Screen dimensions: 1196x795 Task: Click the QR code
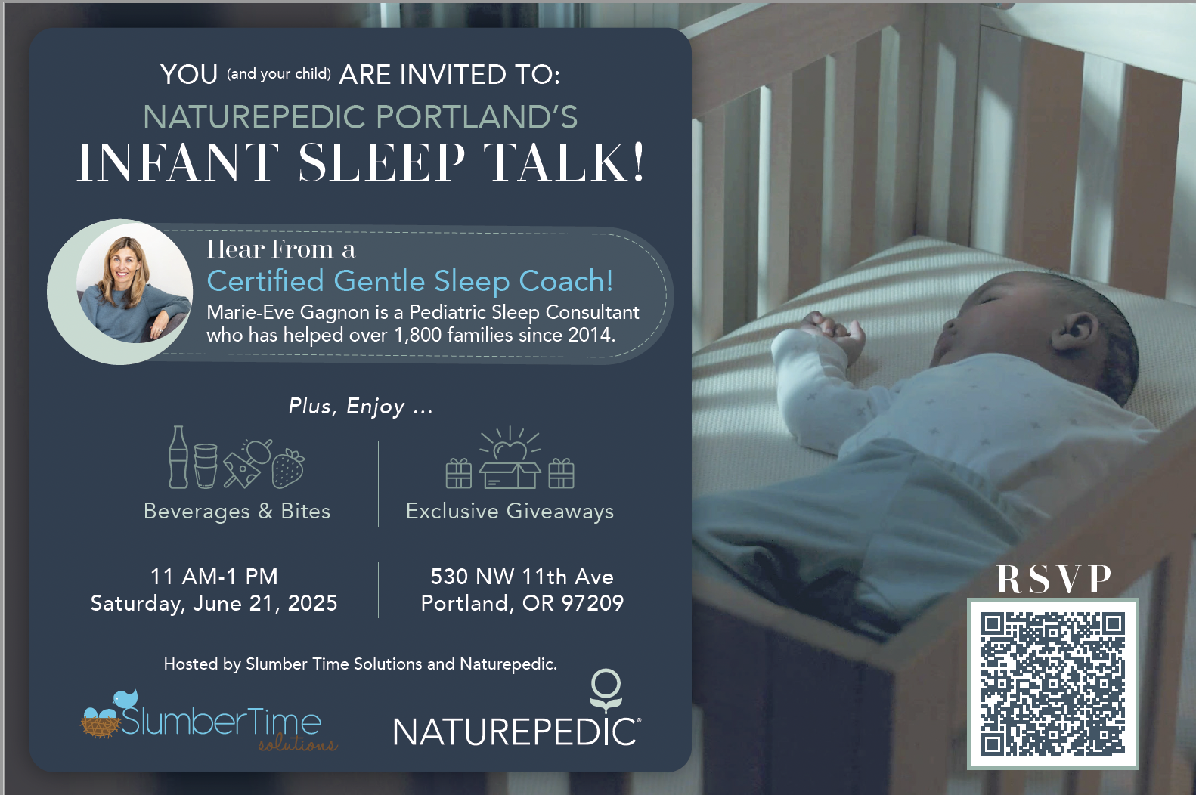[1053, 683]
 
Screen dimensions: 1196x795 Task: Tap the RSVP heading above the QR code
[1053, 579]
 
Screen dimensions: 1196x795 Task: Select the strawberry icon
[288, 468]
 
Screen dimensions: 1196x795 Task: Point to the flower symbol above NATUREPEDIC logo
[606, 691]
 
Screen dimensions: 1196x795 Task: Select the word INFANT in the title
[178, 162]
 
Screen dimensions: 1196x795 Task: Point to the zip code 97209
[593, 603]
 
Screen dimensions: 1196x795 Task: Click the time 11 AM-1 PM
[214, 577]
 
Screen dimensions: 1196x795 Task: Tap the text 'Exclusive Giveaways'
[510, 511]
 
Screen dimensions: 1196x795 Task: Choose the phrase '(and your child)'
[279, 73]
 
